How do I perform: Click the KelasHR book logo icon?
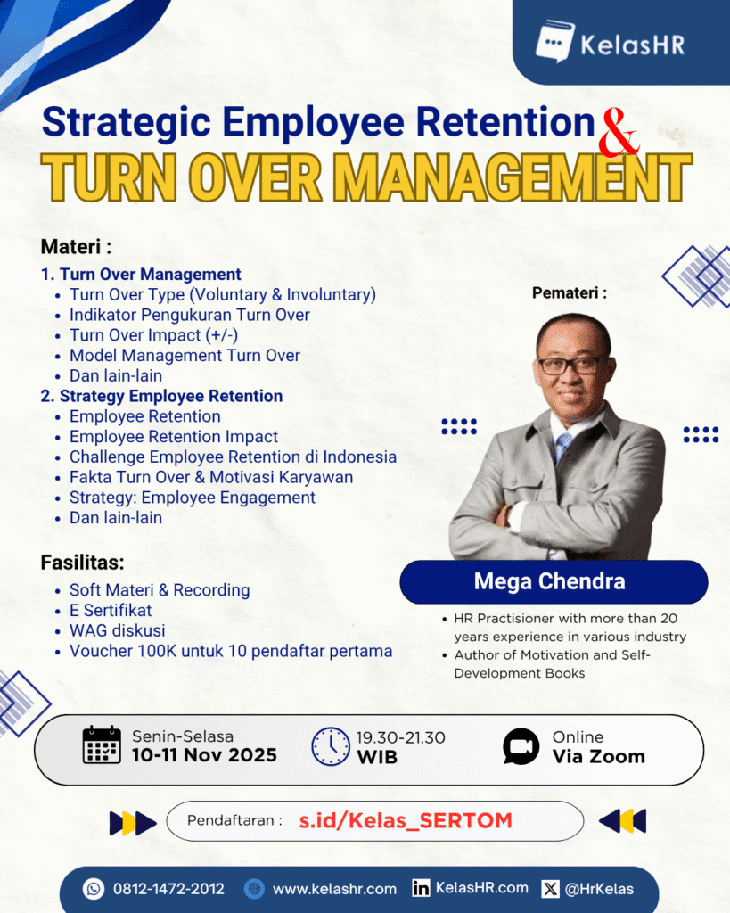(x=554, y=41)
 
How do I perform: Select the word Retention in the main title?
(x=504, y=122)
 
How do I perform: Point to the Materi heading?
(x=76, y=247)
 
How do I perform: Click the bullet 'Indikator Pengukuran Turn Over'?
(x=189, y=315)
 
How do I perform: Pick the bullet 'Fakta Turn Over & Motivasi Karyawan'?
(x=211, y=478)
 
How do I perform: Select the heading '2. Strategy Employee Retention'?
(x=161, y=397)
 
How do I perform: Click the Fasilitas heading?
(x=82, y=563)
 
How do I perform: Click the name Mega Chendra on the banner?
(x=550, y=581)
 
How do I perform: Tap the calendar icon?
(x=102, y=744)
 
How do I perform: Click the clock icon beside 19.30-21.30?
(x=331, y=746)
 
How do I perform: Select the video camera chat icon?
(x=521, y=746)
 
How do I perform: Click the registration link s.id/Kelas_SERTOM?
(x=406, y=821)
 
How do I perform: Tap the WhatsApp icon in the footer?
(x=93, y=889)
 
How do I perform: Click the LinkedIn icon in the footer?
(x=421, y=889)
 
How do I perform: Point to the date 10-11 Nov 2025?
(x=204, y=755)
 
